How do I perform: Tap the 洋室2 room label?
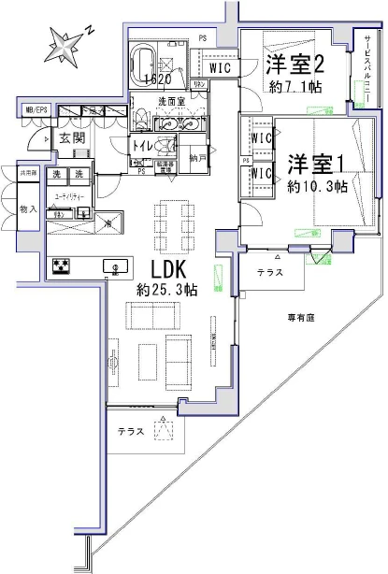point(294,65)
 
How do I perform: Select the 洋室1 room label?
point(316,162)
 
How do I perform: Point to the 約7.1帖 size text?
point(293,88)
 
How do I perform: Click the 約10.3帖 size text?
point(318,186)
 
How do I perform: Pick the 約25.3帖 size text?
point(165,290)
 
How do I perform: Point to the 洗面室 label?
point(170,101)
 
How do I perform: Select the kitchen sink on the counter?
point(116,266)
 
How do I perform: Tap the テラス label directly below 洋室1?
point(272,270)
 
